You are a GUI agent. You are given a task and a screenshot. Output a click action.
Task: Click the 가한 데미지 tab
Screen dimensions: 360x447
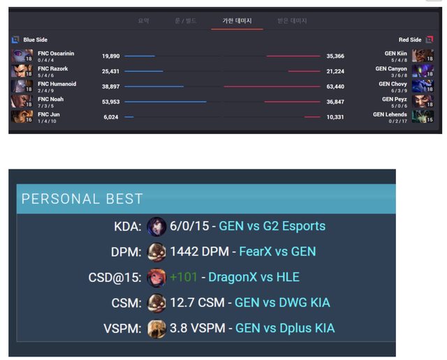237,21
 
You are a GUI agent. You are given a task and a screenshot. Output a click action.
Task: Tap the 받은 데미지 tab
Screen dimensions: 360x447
292,21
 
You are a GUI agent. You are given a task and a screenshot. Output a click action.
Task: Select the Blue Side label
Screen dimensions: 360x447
36,40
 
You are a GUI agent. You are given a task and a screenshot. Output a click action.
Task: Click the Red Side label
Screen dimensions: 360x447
410,40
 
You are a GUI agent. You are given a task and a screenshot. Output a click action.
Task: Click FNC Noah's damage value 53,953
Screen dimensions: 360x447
110,101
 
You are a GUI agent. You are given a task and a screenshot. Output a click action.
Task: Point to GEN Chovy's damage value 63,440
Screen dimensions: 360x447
335,87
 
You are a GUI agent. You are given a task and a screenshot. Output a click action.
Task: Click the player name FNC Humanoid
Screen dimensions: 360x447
57,84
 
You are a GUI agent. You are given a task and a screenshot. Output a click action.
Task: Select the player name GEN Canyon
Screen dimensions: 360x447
391,69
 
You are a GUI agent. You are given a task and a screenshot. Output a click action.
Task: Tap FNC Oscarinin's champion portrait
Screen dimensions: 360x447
21,56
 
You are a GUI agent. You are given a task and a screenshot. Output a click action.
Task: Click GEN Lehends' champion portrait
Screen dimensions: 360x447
423,116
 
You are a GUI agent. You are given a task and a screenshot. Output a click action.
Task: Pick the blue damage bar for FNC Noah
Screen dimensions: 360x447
166,101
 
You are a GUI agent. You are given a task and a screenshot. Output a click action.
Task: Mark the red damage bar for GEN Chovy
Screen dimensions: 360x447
272,87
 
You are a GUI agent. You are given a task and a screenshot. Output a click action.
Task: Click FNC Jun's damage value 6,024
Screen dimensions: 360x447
111,117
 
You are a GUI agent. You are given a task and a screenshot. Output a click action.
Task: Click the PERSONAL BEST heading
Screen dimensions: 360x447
82,199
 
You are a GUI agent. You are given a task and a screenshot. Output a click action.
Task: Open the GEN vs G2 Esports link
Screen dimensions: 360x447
272,226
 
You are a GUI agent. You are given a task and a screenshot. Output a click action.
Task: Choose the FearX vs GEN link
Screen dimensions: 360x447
277,251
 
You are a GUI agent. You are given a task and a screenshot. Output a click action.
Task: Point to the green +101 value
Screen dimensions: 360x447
184,277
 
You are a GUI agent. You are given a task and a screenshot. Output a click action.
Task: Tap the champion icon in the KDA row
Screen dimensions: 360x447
157,226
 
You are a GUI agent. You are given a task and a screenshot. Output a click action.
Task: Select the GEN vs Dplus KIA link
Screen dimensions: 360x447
285,328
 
